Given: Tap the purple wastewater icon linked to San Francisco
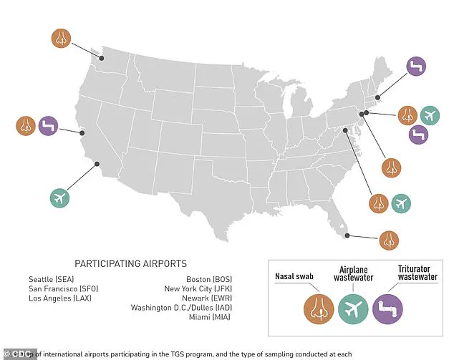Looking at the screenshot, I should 49,126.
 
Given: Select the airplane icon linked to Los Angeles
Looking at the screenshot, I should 62,198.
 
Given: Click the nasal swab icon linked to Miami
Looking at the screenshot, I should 390,240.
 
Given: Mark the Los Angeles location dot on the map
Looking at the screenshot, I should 97,164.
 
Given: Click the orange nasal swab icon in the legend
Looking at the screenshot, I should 317,309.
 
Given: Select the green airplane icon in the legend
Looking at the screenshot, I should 355,309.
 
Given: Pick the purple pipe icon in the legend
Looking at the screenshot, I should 392,309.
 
